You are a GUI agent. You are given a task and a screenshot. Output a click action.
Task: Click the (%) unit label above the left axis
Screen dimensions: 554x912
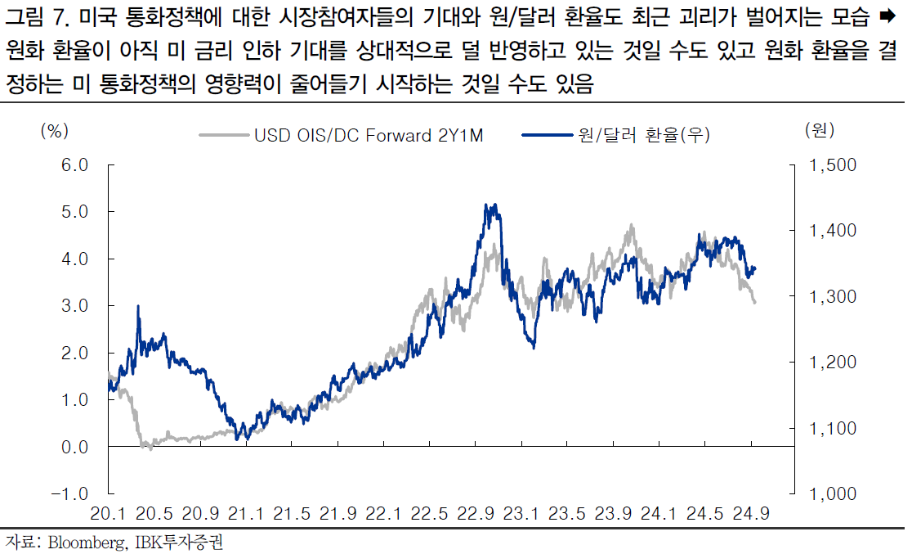(x=54, y=130)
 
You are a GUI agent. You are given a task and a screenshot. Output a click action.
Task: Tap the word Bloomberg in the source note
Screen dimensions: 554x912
(x=86, y=542)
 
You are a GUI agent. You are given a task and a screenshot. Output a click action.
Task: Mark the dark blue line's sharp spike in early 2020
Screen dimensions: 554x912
(x=138, y=307)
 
